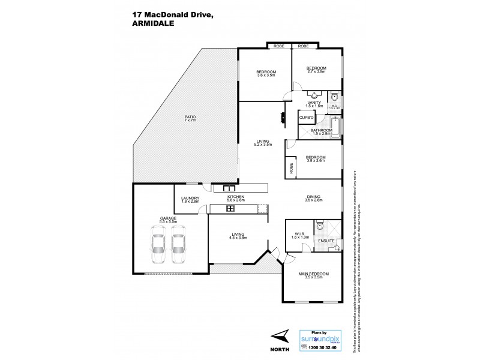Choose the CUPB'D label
coord(306,118)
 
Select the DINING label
coord(313,196)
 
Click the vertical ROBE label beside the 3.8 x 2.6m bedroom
coord(291,168)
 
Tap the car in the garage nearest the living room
coord(178,247)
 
